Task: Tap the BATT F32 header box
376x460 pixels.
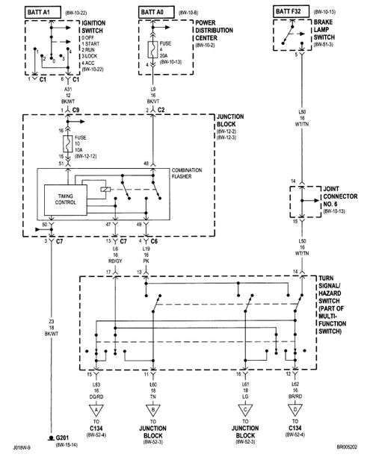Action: point(289,11)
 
